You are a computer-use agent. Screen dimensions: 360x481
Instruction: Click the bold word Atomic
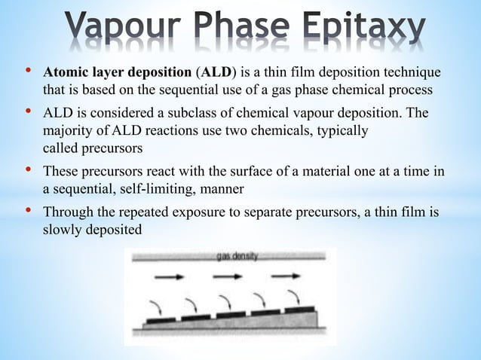[x=64, y=75]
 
